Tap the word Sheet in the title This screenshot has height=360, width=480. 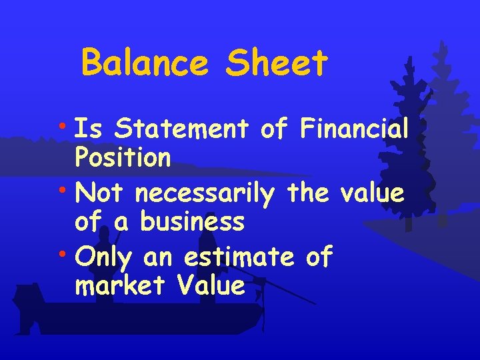(277, 63)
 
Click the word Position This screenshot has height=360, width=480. (123, 159)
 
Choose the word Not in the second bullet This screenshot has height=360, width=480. (101, 193)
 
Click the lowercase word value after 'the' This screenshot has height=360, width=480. (371, 193)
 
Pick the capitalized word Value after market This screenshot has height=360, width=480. (211, 286)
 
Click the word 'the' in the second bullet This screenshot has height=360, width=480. (308, 193)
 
